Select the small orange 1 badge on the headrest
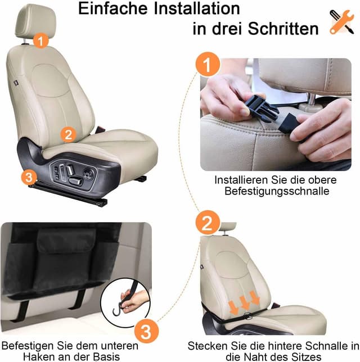pyautogui.click(x=40, y=40)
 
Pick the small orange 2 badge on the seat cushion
pyautogui.click(x=68, y=134)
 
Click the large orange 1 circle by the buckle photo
pyautogui.click(x=208, y=66)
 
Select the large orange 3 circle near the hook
pyautogui.click(x=145, y=330)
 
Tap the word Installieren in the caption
pyautogui.click(x=239, y=180)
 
